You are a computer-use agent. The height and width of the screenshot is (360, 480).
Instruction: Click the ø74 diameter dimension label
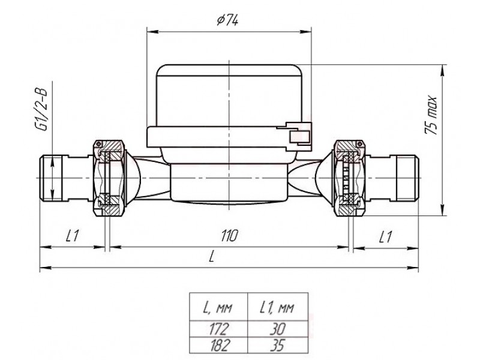tap(227, 20)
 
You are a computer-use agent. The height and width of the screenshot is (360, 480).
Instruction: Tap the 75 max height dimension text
tap(430, 115)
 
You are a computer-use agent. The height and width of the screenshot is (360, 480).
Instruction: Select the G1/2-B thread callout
tap(40, 110)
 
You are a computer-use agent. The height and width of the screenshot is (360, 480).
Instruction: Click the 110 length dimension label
tap(229, 236)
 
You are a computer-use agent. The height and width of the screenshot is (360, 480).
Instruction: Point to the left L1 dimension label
tap(73, 236)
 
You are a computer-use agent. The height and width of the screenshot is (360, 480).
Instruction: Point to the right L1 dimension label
tap(385, 236)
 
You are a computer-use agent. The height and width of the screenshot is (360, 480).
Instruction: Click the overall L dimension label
tap(211, 257)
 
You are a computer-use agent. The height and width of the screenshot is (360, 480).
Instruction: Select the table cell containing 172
tap(218, 329)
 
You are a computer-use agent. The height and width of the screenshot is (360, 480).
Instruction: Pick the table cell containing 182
tap(218, 345)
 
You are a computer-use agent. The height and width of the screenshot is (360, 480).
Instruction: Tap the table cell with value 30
tap(277, 329)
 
